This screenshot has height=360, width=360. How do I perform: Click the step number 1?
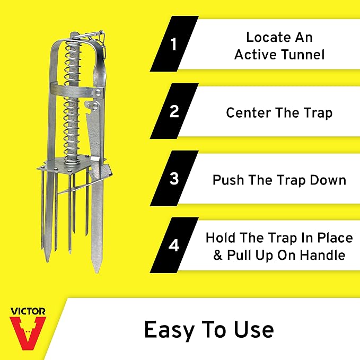click(174, 44)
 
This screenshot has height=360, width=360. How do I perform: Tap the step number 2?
click(174, 111)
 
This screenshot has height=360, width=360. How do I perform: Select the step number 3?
click(174, 178)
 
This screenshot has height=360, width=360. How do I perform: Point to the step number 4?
click(174, 245)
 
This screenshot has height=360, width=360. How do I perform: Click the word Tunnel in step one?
click(303, 55)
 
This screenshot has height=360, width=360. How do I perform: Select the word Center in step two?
click(249, 113)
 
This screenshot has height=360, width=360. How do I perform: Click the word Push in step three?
click(228, 180)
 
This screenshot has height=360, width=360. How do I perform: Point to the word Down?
click(328, 180)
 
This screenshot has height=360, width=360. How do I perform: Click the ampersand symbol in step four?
click(218, 255)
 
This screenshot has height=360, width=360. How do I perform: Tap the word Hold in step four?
click(221, 238)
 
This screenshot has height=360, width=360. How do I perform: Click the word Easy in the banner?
click(170, 330)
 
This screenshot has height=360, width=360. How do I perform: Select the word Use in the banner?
click(254, 329)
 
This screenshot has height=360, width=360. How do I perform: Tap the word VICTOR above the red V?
click(28, 311)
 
